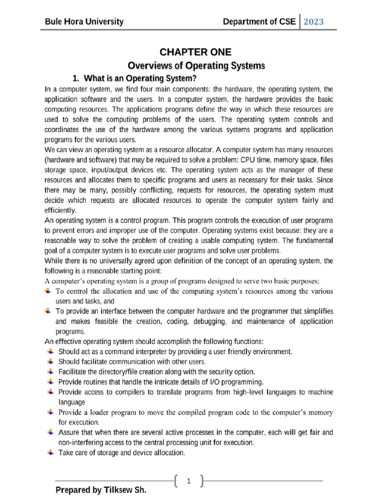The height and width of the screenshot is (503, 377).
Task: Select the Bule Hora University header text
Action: click(x=84, y=22)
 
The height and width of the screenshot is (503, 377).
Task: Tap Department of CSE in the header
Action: click(x=259, y=22)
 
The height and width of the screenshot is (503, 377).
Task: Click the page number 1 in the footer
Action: click(x=188, y=482)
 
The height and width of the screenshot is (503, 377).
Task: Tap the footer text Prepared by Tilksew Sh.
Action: click(x=101, y=490)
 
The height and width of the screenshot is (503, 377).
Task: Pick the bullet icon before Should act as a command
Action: click(x=51, y=351)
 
